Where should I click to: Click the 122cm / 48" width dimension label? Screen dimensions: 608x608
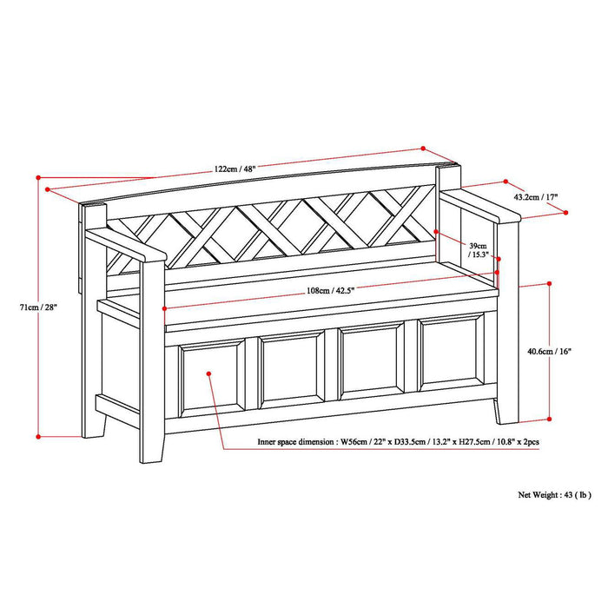[x=232, y=169]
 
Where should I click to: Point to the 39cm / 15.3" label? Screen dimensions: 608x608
[x=479, y=249]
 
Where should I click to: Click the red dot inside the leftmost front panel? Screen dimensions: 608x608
[x=209, y=373]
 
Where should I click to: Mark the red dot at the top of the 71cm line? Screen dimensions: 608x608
[x=38, y=178]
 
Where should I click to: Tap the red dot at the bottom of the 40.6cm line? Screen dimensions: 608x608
[x=550, y=416]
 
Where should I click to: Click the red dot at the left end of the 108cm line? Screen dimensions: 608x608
[x=163, y=310]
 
